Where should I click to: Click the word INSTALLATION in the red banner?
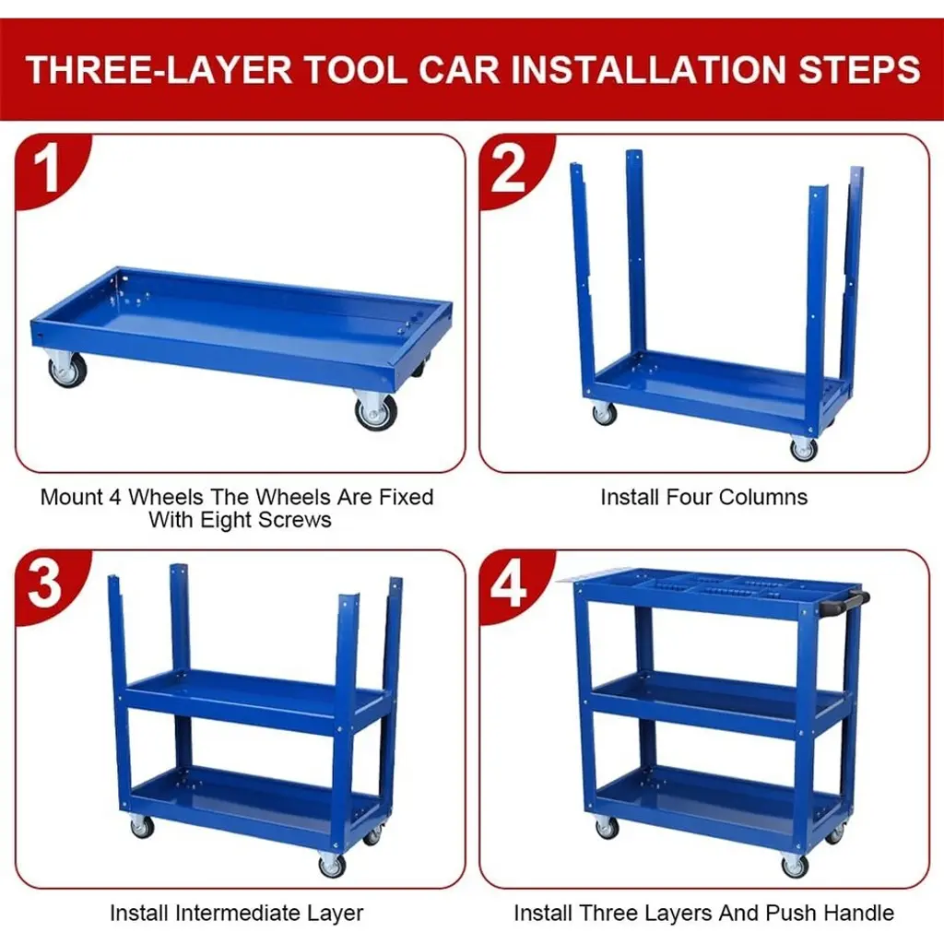point(648,69)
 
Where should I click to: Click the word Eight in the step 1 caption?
point(224,520)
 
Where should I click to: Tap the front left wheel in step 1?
point(67,369)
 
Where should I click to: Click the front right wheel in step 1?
point(376,412)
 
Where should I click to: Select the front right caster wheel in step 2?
point(804,448)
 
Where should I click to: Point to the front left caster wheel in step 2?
point(604,413)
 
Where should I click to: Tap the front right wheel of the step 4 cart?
point(795,866)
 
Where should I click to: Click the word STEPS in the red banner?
point(859,69)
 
